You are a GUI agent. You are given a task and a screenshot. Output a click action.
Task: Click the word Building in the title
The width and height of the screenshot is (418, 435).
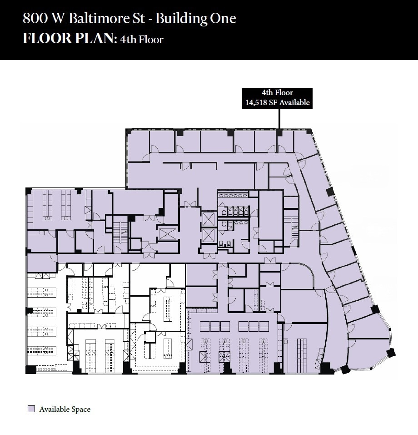[x=181, y=19]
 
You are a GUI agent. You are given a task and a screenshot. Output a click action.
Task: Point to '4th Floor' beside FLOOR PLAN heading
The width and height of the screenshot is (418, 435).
[x=141, y=40]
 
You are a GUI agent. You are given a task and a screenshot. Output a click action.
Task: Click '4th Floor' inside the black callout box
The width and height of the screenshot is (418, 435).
[x=277, y=93]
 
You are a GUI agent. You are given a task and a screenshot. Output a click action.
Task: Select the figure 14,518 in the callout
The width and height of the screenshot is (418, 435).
[x=256, y=103]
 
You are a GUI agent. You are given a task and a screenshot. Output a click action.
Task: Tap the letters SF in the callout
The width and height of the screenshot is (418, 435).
[x=273, y=103]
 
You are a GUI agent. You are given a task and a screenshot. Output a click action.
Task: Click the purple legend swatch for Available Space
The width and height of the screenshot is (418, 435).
[x=31, y=409]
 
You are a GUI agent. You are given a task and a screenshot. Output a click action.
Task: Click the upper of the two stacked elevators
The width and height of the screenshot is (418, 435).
[x=208, y=219]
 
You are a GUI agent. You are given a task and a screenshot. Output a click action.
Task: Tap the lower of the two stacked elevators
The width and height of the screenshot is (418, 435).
[x=208, y=235]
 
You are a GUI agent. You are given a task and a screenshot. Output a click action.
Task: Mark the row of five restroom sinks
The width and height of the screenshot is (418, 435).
[x=233, y=195]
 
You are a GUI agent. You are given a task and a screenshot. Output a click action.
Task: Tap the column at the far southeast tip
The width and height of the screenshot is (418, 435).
[x=390, y=352]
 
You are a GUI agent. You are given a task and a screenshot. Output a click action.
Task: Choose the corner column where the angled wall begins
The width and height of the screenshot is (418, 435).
[x=309, y=132]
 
